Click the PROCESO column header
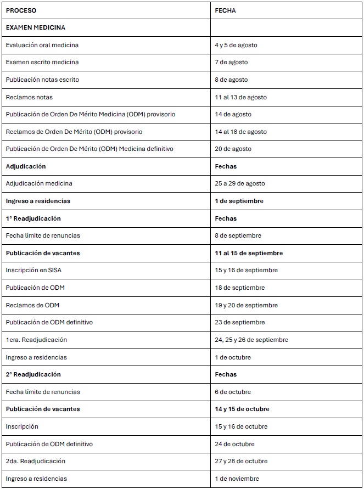tap(21, 10)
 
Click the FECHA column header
tap(225, 10)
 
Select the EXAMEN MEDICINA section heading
tap(35, 27)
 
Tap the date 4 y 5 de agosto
tap(236, 45)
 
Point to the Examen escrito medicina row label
tap(42, 62)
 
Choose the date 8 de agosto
tap(231, 80)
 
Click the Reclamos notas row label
tap(29, 97)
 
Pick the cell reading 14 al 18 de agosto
tap(240, 132)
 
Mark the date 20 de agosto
tap(233, 149)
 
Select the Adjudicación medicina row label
tap(39, 183)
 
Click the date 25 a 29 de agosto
tap(240, 183)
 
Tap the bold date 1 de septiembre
tap(239, 201)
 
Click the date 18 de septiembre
tap(239, 288)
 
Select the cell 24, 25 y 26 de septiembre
tap(251, 340)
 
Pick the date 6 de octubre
tap(233, 392)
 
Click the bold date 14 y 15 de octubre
tap(242, 409)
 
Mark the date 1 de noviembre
tap(237, 479)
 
